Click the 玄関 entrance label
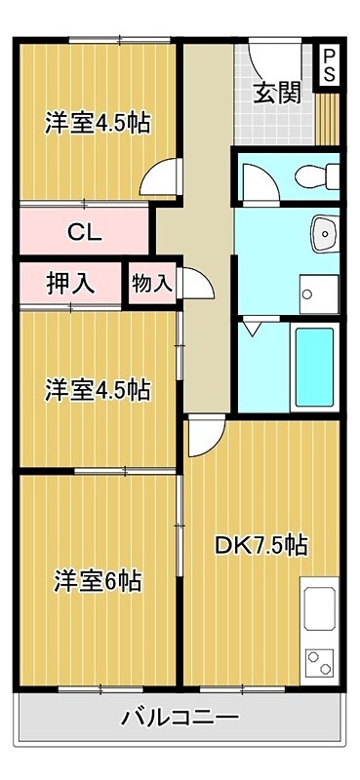[x=277, y=94]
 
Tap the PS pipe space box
[x=330, y=64]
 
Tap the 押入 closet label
[x=70, y=284]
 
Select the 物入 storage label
[x=151, y=284]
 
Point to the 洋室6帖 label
[x=98, y=581]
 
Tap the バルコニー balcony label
[x=180, y=719]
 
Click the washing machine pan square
[x=319, y=290]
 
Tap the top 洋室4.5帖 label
[x=98, y=124]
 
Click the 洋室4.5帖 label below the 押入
[x=98, y=390]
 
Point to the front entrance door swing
[x=262, y=60]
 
